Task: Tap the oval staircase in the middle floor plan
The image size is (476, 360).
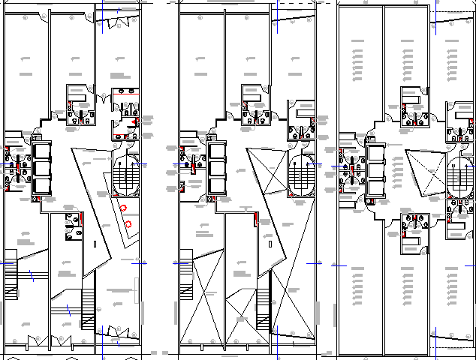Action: (x=301, y=174)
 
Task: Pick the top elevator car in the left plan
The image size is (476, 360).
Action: (x=40, y=151)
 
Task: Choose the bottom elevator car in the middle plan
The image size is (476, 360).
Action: (x=218, y=184)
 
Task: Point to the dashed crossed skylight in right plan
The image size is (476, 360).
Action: (x=425, y=173)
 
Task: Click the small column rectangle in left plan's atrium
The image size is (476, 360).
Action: (x=95, y=245)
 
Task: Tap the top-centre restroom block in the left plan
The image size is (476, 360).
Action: (x=79, y=105)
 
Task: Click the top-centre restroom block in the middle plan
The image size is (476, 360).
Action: (x=255, y=105)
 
